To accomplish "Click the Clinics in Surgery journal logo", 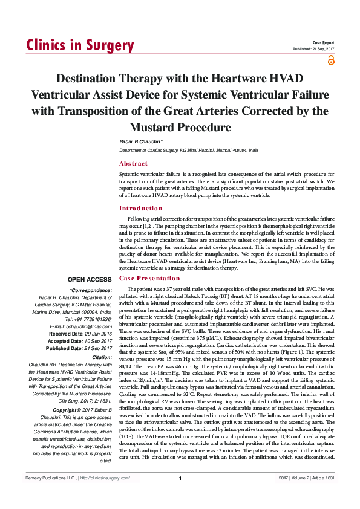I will [x=80, y=46].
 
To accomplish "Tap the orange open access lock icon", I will [x=330, y=59].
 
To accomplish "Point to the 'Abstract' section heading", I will [x=133, y=164].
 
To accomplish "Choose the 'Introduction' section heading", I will [x=141, y=208].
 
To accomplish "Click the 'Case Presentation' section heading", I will [x=149, y=279].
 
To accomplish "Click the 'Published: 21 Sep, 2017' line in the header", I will [x=313, y=49].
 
